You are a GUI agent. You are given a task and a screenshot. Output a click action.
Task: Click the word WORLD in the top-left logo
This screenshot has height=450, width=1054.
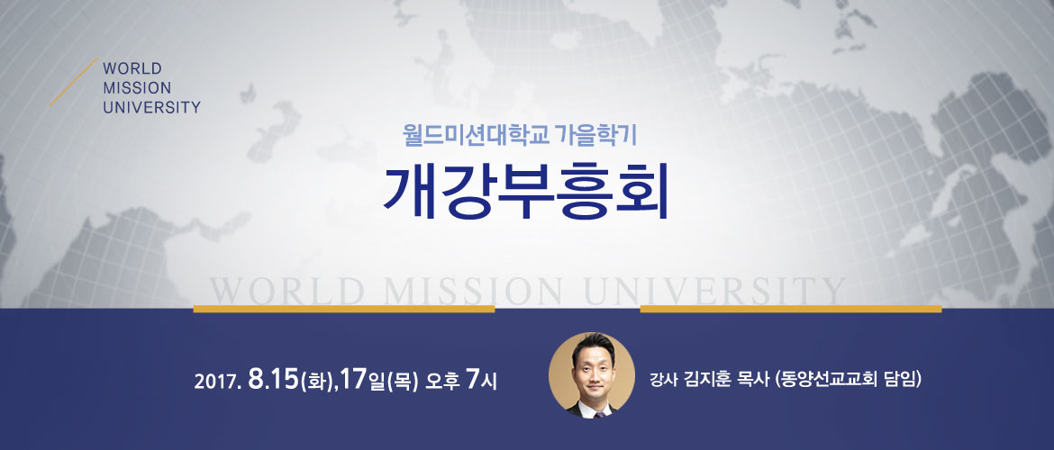[x=132, y=68]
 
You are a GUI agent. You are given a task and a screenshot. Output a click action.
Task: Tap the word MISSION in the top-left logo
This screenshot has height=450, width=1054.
[x=137, y=88]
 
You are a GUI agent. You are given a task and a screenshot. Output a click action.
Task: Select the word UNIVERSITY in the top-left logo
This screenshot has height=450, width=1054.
[x=152, y=107]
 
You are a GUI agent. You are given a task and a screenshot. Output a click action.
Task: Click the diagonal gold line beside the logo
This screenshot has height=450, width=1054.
[x=73, y=82]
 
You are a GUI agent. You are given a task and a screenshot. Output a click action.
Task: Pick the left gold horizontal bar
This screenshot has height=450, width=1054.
[x=344, y=309]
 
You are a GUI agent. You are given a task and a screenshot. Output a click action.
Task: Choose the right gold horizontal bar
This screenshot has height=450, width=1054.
[x=791, y=309]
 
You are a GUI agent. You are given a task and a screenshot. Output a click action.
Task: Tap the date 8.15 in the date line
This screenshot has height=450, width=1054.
[x=273, y=380]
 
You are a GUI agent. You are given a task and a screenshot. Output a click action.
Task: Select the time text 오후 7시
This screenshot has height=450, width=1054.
[x=461, y=381]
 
